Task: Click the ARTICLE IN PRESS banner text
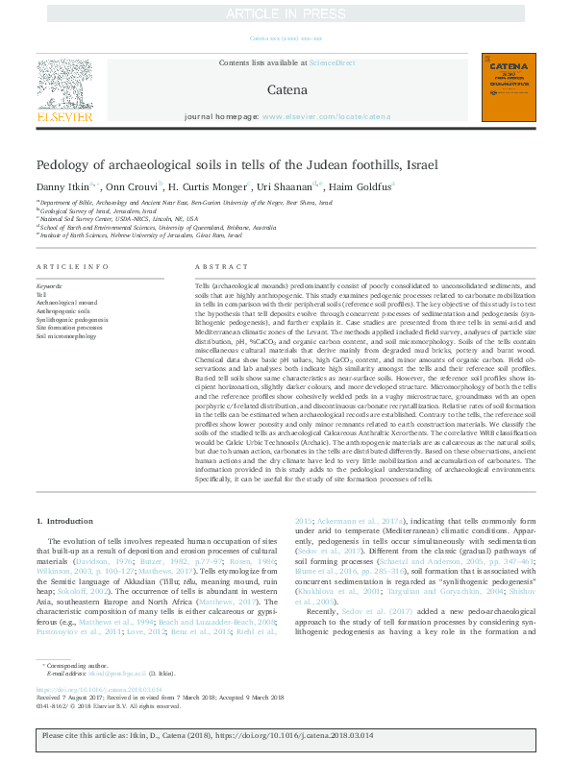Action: (285, 12)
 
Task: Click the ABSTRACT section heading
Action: (214, 265)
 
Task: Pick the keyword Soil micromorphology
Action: (66, 336)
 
